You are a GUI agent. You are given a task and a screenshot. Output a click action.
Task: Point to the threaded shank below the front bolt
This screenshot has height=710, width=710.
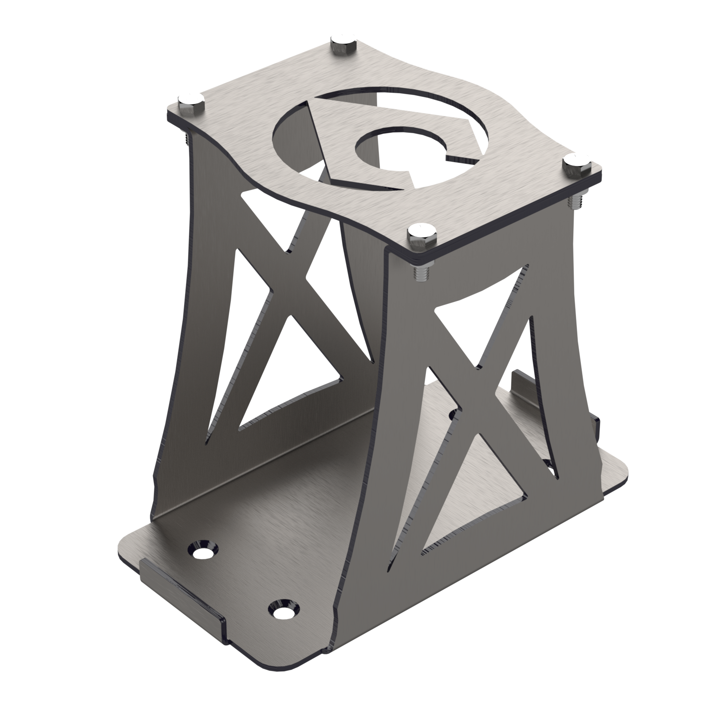click(419, 271)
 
